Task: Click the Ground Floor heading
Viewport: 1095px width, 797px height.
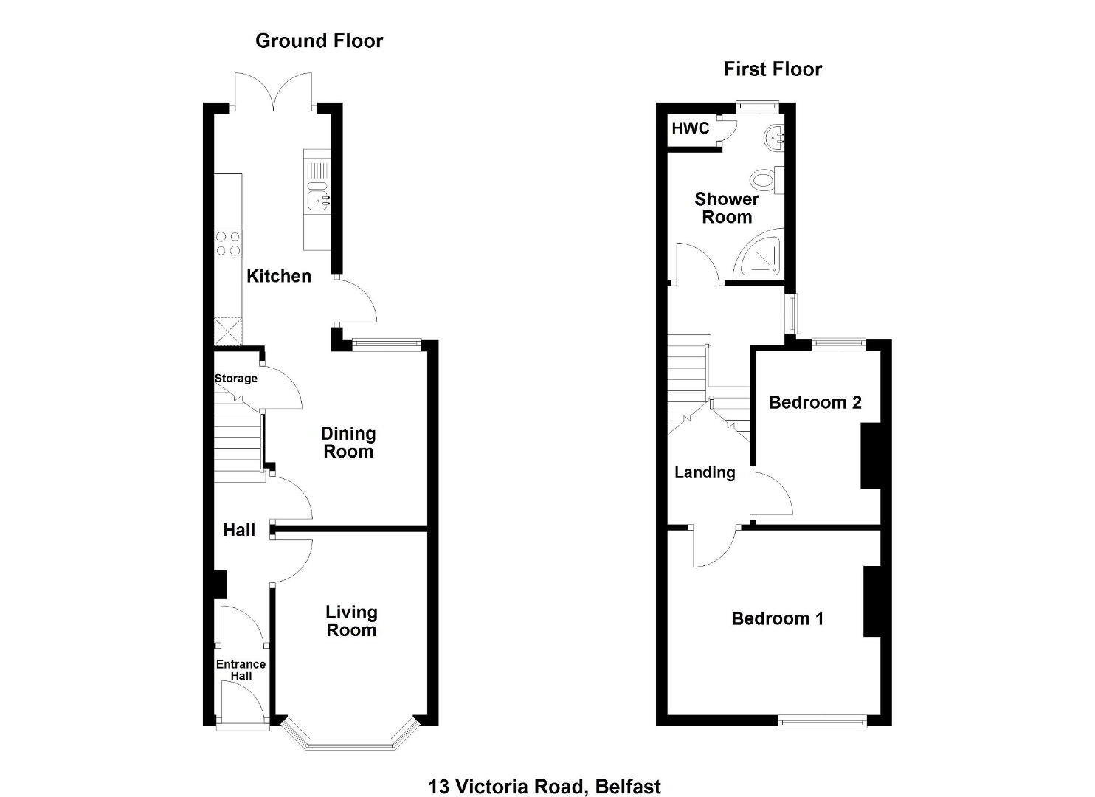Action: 319,41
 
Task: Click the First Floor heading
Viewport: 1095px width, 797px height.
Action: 773,69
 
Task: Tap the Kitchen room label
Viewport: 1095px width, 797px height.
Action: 279,276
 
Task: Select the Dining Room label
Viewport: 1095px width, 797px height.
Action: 348,443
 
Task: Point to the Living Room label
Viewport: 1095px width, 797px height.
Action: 351,621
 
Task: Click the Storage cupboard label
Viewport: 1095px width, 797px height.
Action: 235,379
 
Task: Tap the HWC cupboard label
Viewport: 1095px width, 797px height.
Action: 690,128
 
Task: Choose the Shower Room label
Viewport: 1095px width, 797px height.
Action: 727,208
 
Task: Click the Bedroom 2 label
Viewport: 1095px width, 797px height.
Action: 815,402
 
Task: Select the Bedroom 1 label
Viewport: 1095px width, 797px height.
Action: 777,618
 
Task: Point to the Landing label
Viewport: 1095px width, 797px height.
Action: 705,472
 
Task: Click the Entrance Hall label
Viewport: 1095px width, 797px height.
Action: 241,670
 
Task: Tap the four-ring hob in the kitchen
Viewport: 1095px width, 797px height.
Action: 228,244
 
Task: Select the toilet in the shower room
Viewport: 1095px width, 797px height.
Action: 766,179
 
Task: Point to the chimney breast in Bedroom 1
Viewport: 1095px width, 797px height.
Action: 872,601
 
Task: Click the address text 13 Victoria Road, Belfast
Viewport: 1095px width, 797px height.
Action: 545,773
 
